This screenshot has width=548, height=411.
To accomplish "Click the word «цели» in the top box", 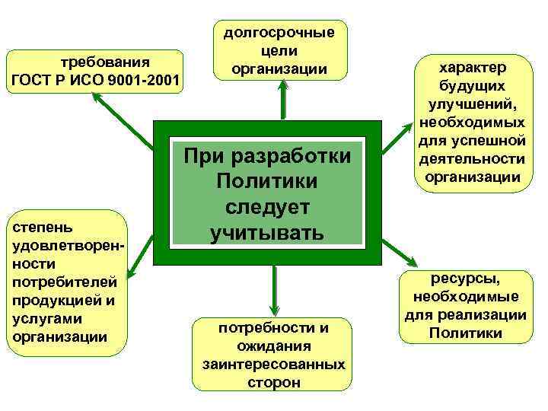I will (279, 50).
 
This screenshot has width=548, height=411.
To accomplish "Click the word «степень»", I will (39, 227).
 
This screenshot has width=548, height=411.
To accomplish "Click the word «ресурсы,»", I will (466, 279).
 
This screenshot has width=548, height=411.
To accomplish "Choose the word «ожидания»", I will (274, 346).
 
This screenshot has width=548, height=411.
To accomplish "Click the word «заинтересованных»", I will (274, 365).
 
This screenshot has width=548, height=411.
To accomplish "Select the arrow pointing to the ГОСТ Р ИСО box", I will (122, 119).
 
